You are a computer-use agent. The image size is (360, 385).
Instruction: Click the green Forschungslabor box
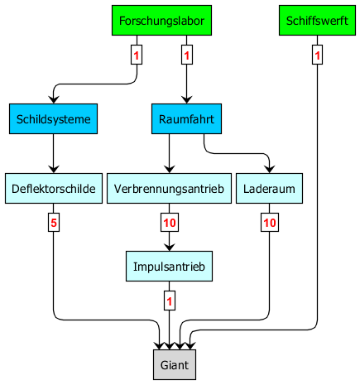pos(161,21)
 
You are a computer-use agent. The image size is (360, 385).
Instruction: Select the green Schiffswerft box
pos(317,21)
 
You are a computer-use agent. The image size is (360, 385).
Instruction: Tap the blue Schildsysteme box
pos(53,119)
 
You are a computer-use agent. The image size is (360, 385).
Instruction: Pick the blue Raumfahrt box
pos(186,119)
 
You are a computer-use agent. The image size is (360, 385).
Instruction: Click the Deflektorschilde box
pos(54,189)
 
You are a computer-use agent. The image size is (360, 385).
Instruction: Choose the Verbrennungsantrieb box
pos(169,189)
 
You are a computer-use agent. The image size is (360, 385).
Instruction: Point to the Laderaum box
pos(269,189)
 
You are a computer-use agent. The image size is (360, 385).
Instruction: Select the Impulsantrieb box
pos(169,267)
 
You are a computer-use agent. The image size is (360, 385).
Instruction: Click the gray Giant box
pos(175,365)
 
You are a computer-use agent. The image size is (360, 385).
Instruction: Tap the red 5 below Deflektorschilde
pos(54,223)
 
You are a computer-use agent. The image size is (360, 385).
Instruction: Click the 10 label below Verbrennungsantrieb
pos(170,223)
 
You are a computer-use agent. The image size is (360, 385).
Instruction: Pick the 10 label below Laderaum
pos(270,223)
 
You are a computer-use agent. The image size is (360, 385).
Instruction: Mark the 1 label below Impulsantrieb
pos(170,301)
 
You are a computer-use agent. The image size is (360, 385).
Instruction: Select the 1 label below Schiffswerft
pos(317,55)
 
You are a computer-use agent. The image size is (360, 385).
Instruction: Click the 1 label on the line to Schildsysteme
pos(137,55)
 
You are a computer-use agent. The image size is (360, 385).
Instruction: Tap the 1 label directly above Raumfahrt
pos(187,55)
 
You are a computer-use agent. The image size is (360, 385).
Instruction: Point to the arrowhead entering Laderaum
pos(269,169)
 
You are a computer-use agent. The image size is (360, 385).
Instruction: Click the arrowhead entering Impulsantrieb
pos(169,247)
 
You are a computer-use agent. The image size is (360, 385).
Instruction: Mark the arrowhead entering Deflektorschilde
pos(54,169)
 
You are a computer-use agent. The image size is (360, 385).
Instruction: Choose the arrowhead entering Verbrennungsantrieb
pos(169,169)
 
